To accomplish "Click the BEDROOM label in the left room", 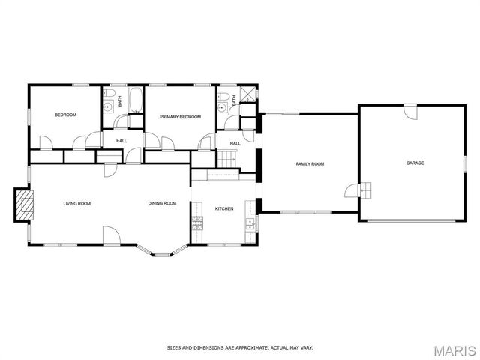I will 65,115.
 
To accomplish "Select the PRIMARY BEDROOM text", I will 181,117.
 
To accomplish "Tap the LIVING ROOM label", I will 76,203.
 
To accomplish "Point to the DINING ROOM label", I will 162,203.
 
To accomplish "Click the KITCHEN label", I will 225,208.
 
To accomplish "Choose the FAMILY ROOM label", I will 310,163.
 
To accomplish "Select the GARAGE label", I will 415,163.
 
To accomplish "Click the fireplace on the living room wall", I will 25,204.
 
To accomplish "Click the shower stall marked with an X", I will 247,96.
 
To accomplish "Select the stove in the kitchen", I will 198,222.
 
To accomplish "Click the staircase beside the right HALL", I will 227,159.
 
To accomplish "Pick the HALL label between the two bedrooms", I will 120,140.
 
